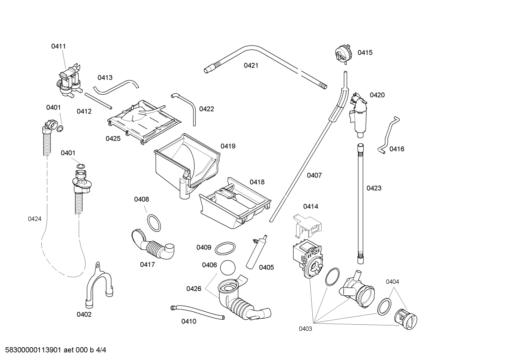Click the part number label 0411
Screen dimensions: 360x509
pyautogui.click(x=58, y=46)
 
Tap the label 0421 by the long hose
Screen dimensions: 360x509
pyautogui.click(x=251, y=65)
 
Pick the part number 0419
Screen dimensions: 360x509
pyautogui.click(x=228, y=146)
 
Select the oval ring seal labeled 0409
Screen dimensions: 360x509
pyautogui.click(x=225, y=248)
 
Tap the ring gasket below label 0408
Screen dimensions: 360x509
pyautogui.click(x=154, y=223)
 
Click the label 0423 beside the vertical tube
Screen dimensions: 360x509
pyautogui.click(x=374, y=188)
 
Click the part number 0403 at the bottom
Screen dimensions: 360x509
pyautogui.click(x=305, y=329)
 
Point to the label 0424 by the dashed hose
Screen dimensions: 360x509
pyautogui.click(x=35, y=219)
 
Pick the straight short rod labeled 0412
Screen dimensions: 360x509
pyautogui.click(x=98, y=101)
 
